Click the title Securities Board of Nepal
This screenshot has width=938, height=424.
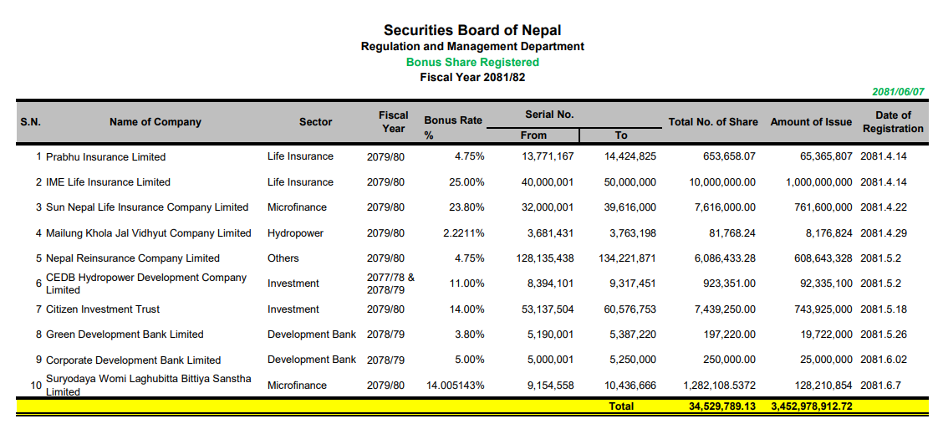472,31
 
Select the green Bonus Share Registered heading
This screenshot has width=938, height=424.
472,62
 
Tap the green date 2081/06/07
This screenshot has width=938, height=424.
898,92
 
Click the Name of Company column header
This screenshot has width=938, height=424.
155,122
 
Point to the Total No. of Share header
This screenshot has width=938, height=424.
713,122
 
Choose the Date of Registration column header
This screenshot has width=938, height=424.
893,122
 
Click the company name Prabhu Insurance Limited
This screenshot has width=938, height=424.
105,157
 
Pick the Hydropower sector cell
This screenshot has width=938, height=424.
295,233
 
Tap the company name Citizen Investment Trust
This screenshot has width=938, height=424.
103,309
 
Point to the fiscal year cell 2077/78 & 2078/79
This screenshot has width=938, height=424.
390,284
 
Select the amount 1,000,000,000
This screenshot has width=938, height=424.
818,182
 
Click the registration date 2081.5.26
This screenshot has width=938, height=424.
882,335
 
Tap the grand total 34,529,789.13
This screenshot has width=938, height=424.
716,406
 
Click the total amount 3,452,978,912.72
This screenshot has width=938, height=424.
811,406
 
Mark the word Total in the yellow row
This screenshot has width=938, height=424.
621,406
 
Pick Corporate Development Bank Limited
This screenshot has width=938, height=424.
133,360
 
